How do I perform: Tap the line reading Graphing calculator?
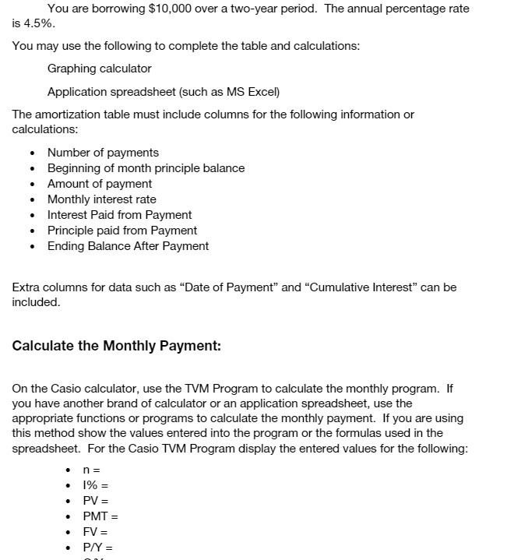[x=99, y=69]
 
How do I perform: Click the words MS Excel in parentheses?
[x=248, y=92]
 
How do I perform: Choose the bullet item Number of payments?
[x=103, y=153]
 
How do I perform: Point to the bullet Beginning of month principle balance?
[x=146, y=168]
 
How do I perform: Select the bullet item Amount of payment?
[x=100, y=184]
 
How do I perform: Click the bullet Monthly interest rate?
[x=101, y=199]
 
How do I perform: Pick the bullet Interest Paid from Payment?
[x=119, y=215]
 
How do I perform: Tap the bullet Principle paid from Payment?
[x=122, y=231]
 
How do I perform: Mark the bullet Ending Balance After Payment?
[x=128, y=246]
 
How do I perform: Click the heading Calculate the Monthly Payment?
[x=117, y=346]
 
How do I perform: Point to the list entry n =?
[x=92, y=470]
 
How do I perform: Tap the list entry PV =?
[x=96, y=501]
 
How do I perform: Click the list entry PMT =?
[x=100, y=516]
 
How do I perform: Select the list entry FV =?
[x=96, y=532]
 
